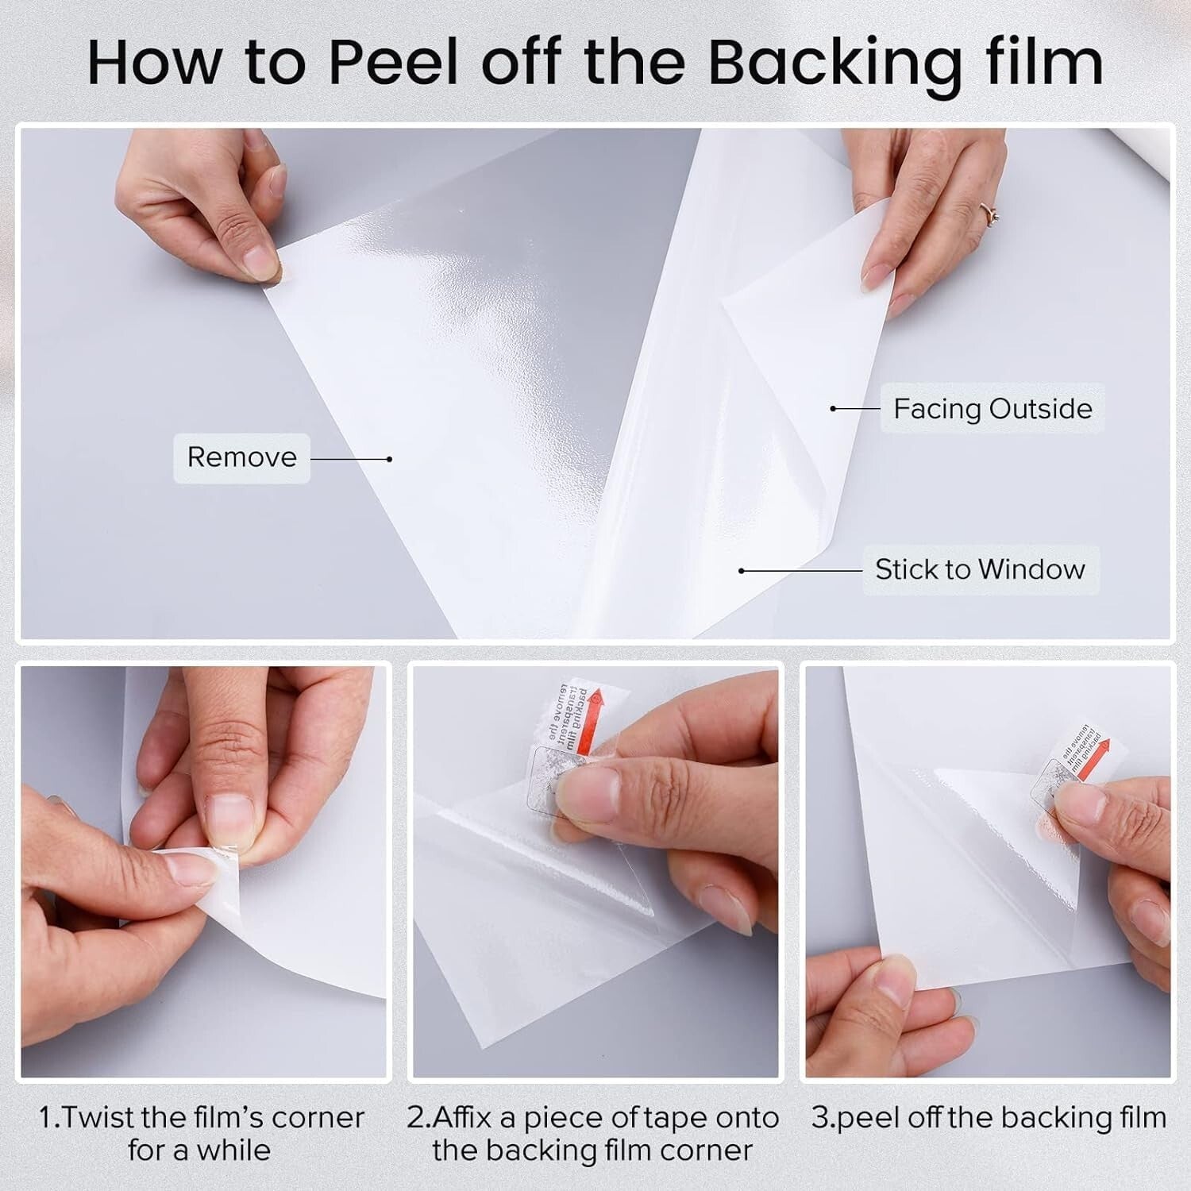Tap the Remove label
241,457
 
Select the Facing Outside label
992,408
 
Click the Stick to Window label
980,569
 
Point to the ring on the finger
991,213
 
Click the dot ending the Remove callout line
389,459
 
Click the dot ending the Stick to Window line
742,571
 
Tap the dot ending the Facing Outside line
833,409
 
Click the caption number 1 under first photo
46,1117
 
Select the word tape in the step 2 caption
676,1117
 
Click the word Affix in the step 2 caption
473,1117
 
